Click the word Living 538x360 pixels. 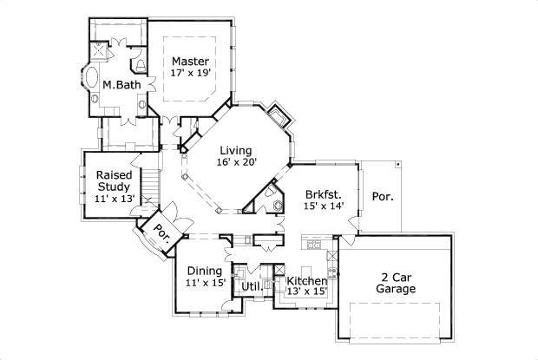pyautogui.click(x=236, y=149)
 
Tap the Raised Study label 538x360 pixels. pyautogui.click(x=114, y=180)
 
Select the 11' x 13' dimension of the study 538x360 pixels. pyautogui.click(x=114, y=199)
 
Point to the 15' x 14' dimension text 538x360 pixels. pyautogui.click(x=325, y=206)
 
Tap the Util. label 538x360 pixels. pyautogui.click(x=252, y=286)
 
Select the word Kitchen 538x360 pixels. pyautogui.click(x=306, y=281)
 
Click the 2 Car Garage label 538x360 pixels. pyautogui.click(x=395, y=284)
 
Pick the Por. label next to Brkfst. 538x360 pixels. pyautogui.click(x=382, y=196)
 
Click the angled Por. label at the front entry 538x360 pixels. pyautogui.click(x=162, y=232)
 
